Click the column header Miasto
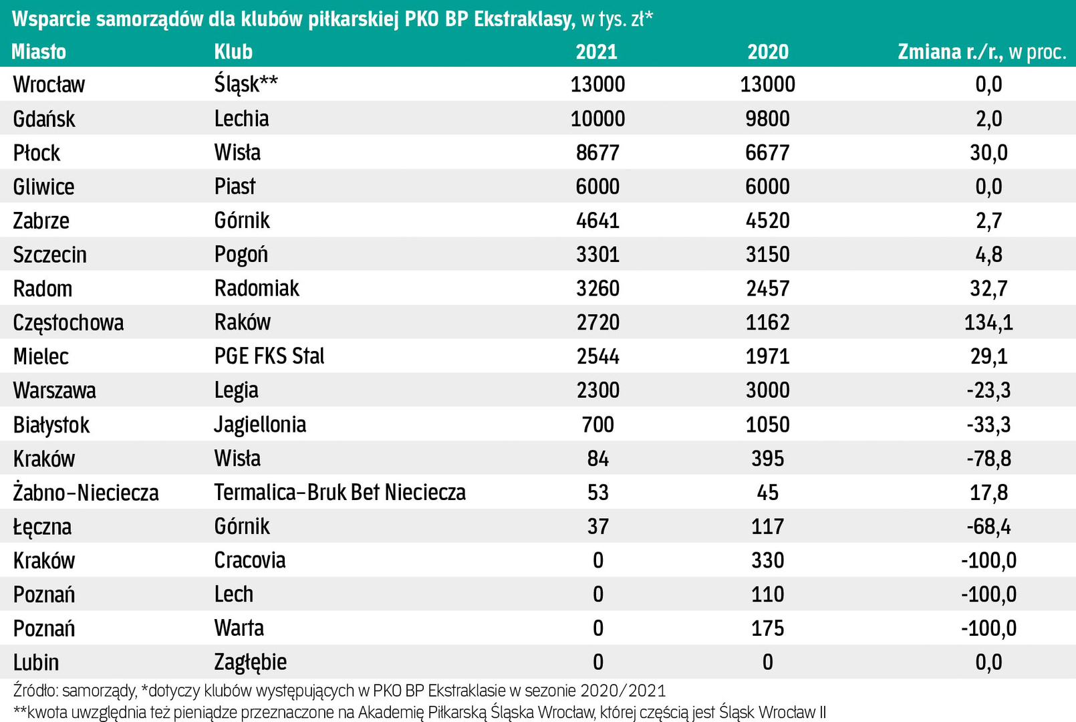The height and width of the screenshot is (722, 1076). (x=39, y=51)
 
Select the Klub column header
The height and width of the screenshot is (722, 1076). (x=233, y=51)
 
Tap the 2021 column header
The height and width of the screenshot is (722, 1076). (x=597, y=51)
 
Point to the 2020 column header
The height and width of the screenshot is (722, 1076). (x=768, y=51)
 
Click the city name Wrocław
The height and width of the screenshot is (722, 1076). (x=49, y=84)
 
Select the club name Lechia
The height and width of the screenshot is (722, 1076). (x=241, y=118)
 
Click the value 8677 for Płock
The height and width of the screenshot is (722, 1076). (x=597, y=152)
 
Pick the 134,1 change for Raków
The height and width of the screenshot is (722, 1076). (x=988, y=322)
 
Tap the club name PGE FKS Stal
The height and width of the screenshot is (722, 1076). (x=269, y=356)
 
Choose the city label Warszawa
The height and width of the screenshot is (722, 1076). (x=54, y=390)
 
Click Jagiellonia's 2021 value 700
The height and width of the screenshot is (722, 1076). (x=597, y=425)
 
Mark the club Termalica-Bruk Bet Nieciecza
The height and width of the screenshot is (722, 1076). (x=340, y=493)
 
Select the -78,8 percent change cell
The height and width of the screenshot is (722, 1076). (x=988, y=459)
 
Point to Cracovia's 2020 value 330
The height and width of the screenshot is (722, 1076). (x=767, y=560)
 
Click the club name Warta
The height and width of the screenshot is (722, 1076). (x=239, y=628)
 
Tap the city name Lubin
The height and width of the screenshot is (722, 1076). (x=36, y=663)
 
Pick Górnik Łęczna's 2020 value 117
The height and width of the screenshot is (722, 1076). (x=767, y=527)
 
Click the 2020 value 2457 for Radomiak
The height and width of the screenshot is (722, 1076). (x=767, y=288)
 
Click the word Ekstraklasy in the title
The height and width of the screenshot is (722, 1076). (x=523, y=19)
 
